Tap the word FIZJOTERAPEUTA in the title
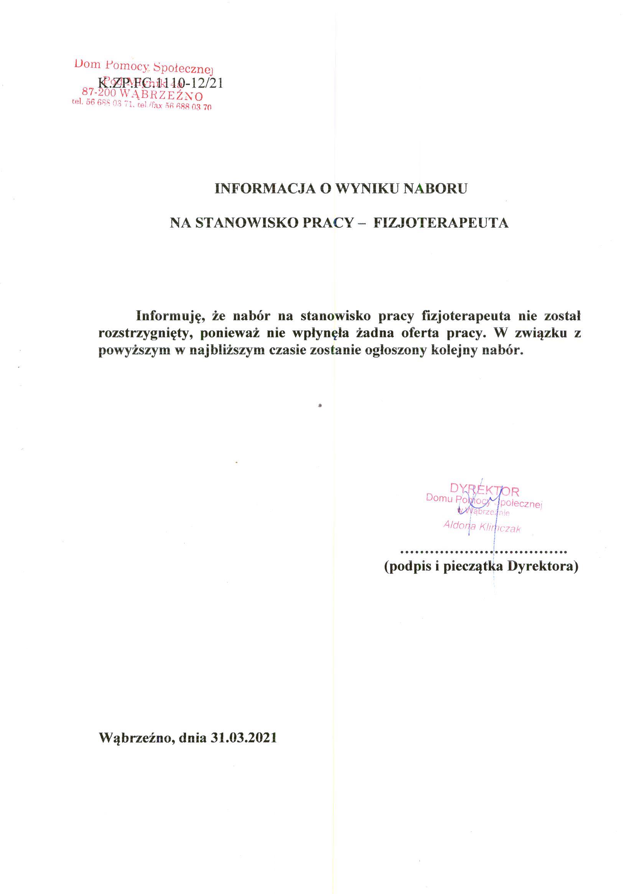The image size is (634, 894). tap(441, 223)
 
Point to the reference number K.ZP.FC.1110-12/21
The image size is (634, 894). tap(160, 83)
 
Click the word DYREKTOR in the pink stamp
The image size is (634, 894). tap(484, 489)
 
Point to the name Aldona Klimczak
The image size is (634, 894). tap(482, 527)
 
